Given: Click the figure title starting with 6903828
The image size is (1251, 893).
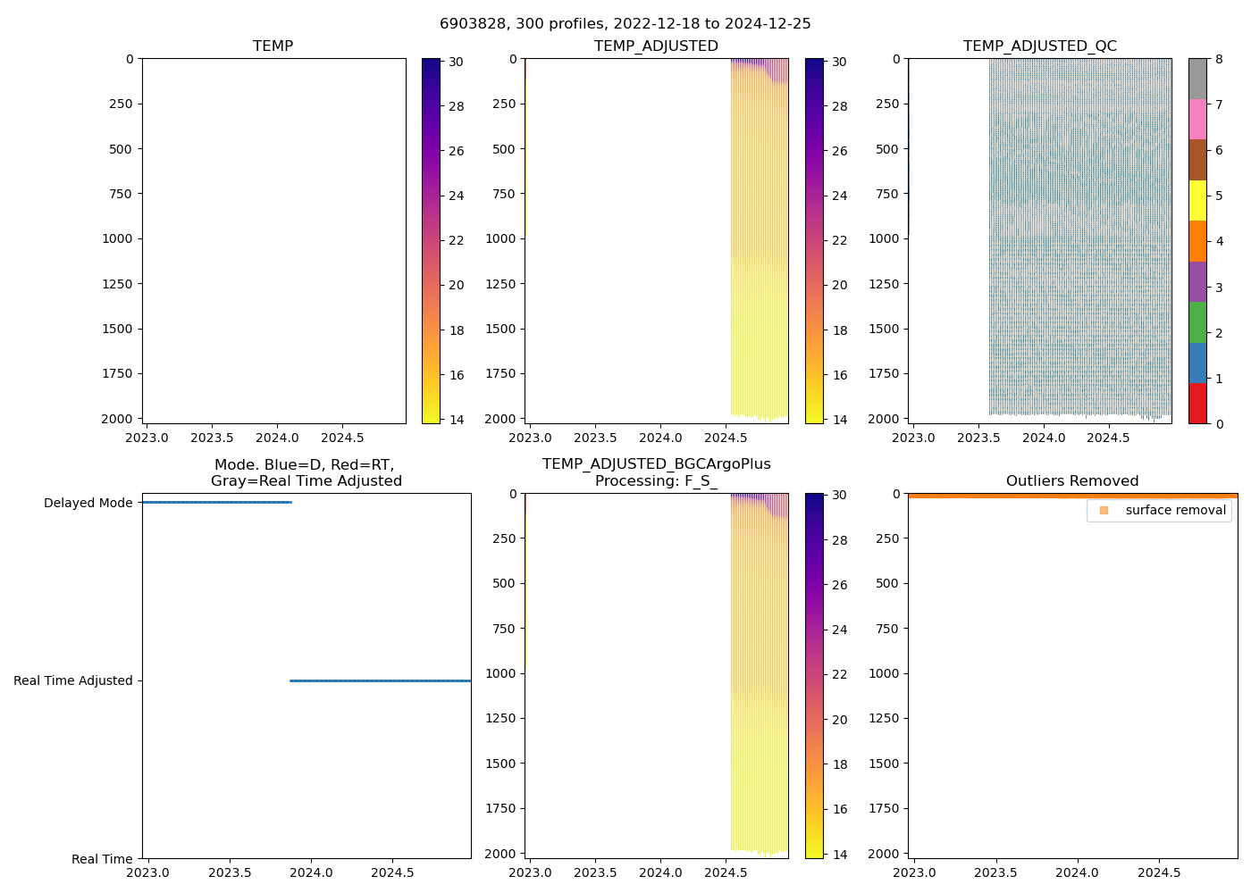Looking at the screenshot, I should (625, 24).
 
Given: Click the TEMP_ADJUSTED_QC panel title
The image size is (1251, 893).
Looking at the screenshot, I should (1039, 46).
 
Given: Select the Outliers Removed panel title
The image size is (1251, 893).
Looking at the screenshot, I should (1071, 481).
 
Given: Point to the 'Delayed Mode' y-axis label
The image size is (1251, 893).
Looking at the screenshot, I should (88, 504).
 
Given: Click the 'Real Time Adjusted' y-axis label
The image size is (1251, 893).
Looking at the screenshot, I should (72, 681).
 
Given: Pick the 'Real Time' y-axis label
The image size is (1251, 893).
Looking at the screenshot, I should (102, 859).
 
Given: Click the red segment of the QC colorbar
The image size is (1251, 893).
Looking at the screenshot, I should (1196, 403).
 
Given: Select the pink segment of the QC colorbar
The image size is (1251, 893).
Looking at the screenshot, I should (1196, 119).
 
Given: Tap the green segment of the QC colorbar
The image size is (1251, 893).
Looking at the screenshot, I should (1196, 322).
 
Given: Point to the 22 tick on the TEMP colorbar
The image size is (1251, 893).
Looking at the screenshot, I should (456, 241).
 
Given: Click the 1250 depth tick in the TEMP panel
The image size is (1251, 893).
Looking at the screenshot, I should (114, 284).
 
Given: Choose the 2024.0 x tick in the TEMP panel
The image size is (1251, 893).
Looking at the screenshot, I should (277, 438).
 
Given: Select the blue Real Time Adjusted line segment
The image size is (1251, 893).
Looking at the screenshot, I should (380, 681).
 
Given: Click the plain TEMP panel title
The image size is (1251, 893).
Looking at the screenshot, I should (273, 46).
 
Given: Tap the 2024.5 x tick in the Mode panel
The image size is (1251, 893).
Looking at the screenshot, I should (392, 872).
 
